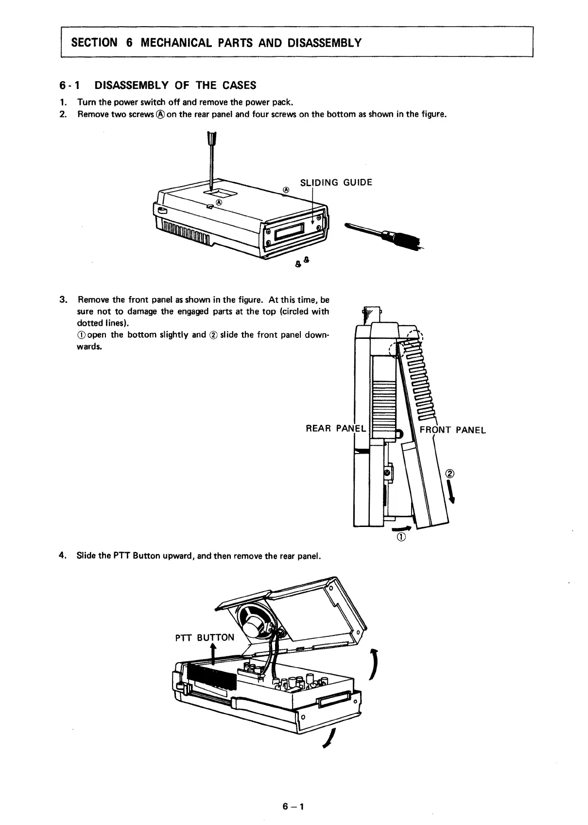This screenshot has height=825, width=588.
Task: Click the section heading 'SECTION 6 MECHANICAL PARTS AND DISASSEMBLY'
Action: (216, 43)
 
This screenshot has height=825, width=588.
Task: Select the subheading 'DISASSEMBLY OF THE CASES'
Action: (175, 86)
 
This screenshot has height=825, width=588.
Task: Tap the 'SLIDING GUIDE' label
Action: (336, 183)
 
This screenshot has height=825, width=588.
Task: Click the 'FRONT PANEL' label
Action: (452, 430)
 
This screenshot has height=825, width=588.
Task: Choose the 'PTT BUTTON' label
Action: (204, 637)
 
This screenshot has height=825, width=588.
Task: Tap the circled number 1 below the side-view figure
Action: (401, 538)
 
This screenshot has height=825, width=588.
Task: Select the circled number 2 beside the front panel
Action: (450, 474)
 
